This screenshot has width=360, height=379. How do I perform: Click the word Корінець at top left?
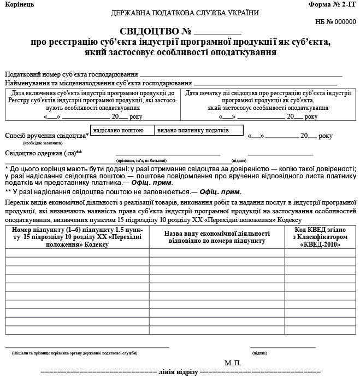tap(19, 4)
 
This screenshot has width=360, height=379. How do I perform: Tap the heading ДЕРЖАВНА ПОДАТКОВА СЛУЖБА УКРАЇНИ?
tap(185, 13)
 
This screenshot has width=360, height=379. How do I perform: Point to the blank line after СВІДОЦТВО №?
tap(217, 33)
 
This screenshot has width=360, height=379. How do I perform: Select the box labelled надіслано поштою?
tap(119, 131)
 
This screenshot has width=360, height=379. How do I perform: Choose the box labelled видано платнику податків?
tap(193, 131)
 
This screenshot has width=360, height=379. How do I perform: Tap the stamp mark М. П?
tap(232, 363)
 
